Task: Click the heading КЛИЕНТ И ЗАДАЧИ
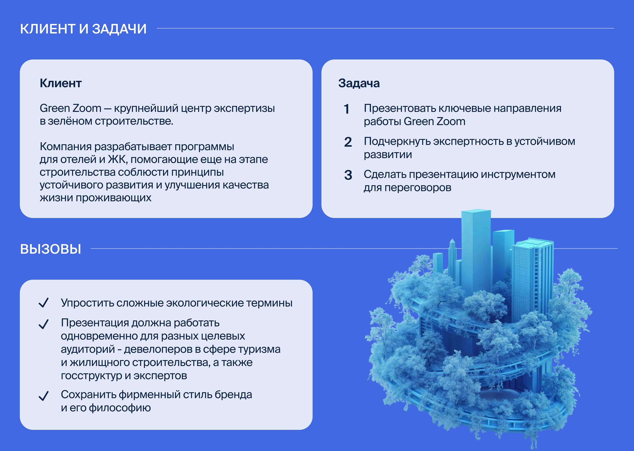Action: (83, 29)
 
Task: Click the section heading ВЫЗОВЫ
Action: (51, 249)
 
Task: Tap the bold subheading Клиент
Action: (60, 83)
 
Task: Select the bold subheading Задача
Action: (359, 83)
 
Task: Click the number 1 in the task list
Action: (347, 109)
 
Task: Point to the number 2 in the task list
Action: (348, 142)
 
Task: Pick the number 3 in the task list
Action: (348, 175)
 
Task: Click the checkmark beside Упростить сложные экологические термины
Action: (44, 303)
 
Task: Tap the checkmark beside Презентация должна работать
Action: (44, 324)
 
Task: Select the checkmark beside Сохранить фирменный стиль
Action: (44, 396)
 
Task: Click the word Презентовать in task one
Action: (400, 108)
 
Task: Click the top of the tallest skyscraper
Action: (476, 212)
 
